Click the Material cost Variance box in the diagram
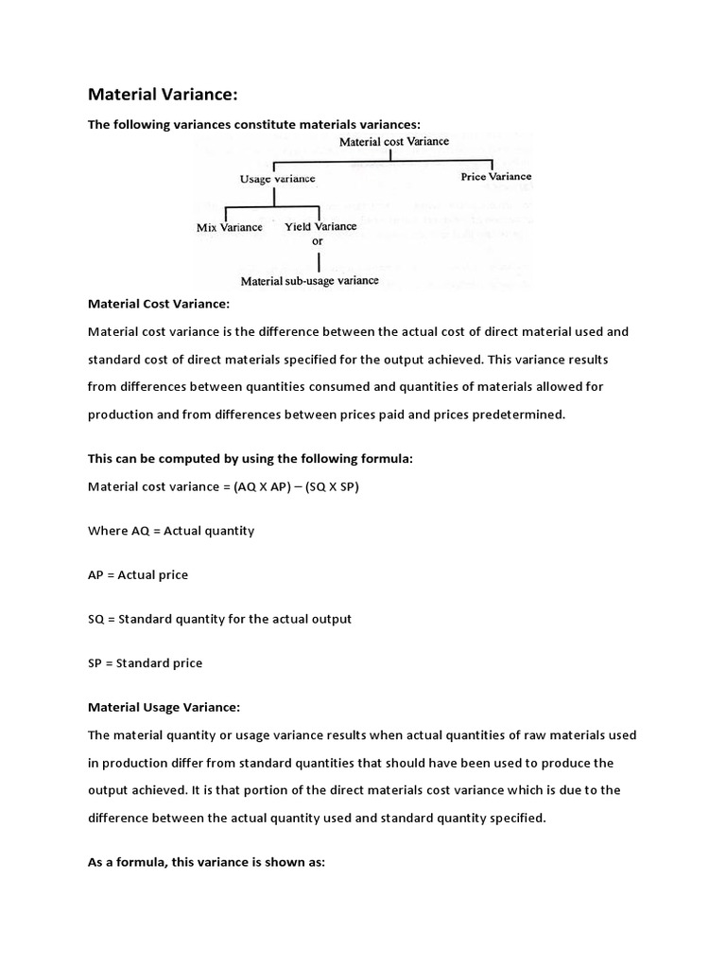click(x=394, y=142)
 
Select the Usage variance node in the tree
click(x=277, y=178)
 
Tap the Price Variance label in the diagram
click(x=495, y=176)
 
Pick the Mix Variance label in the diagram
click(x=229, y=227)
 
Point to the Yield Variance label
click(x=320, y=226)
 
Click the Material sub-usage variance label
click(x=309, y=280)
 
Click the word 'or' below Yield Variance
click(x=318, y=241)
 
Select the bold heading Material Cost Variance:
click(x=158, y=305)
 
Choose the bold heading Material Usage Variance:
click(x=164, y=707)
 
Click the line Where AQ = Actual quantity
click(x=171, y=531)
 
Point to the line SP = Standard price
click(x=145, y=663)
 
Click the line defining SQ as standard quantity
click(x=219, y=619)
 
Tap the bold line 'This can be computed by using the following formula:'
click(x=251, y=458)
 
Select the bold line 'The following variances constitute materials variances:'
click(x=253, y=124)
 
